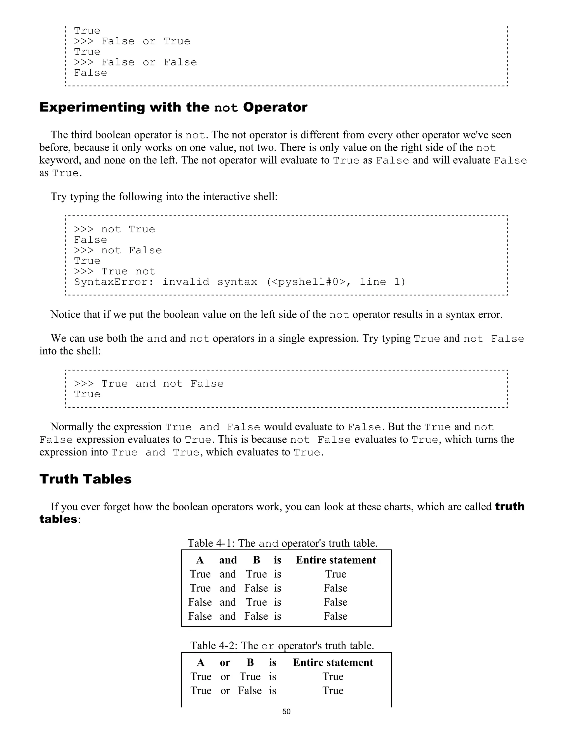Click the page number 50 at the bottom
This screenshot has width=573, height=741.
point(286,711)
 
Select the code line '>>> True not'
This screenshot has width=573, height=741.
point(114,272)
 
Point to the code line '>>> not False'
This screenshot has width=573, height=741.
point(118,250)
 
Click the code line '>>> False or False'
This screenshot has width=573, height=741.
point(135,62)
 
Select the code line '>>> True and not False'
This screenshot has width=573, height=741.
point(149,384)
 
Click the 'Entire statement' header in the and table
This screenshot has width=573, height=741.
point(336,560)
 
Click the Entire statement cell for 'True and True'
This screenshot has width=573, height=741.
point(335,574)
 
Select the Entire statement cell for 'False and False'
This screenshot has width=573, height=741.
point(335,616)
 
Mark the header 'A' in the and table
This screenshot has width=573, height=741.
point(200,560)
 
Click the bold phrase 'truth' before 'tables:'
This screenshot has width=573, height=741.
point(510,507)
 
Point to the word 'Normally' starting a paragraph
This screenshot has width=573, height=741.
point(72,427)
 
